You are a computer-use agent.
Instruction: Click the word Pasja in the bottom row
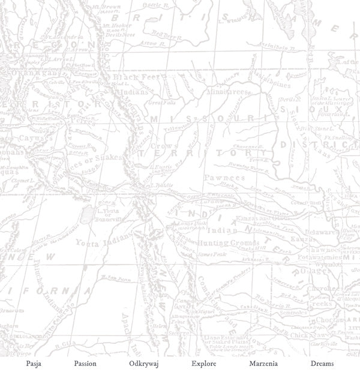pos(34,364)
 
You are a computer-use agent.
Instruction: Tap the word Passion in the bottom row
pos(85,364)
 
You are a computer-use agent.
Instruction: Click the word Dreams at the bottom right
pos(322,364)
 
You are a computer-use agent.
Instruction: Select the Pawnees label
pos(224,178)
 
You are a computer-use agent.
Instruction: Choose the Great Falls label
pos(166,102)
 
